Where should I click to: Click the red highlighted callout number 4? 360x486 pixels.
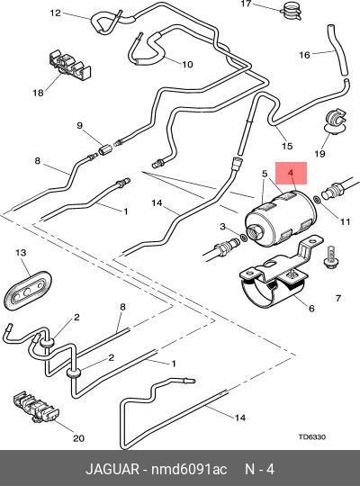(x=291, y=173)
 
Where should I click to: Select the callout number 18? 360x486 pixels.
(x=39, y=93)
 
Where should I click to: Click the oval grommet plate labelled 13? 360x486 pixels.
(x=28, y=290)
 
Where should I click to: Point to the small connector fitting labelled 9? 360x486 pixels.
(x=103, y=151)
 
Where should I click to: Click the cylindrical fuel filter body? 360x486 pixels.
(x=281, y=217)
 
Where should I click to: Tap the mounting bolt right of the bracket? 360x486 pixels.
(x=330, y=259)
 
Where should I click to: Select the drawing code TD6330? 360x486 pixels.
(x=312, y=436)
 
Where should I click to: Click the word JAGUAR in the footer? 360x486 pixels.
(x=112, y=469)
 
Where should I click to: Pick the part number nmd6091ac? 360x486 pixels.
(x=189, y=469)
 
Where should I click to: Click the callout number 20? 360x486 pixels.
(x=78, y=438)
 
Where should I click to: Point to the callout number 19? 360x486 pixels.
(x=319, y=153)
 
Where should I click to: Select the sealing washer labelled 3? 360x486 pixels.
(x=244, y=238)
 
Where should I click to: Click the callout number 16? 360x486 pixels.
(x=304, y=55)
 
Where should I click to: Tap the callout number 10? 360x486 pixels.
(x=187, y=64)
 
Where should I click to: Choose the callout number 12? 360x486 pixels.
(x=56, y=13)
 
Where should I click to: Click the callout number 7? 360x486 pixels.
(x=338, y=298)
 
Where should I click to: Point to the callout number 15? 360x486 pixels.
(x=287, y=146)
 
